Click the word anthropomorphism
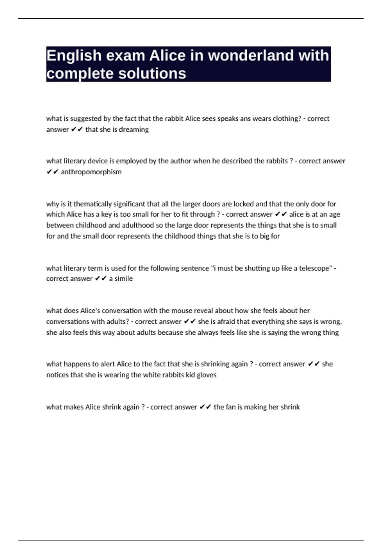pos(91,172)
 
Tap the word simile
pos(124,278)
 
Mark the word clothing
pos(287,119)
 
